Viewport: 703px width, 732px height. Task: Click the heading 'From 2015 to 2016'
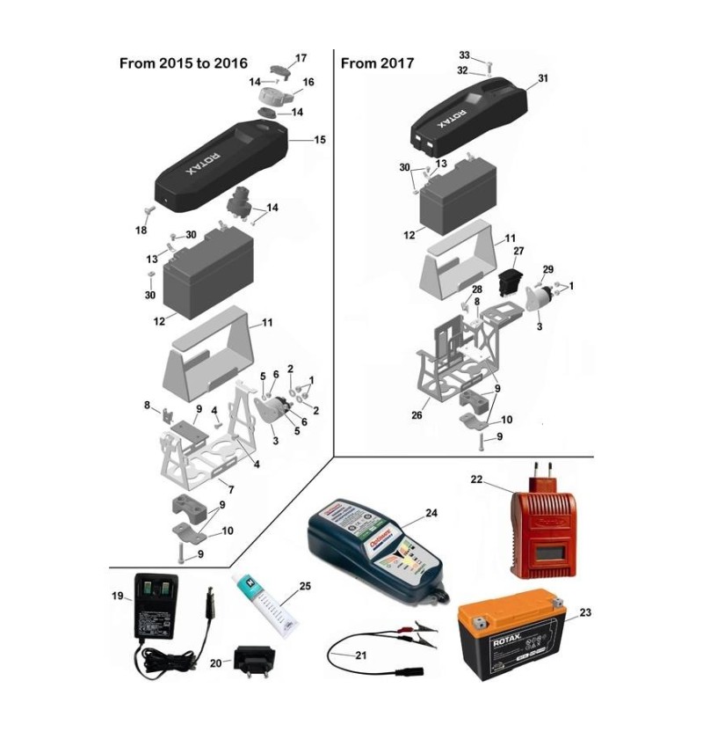pos(183,63)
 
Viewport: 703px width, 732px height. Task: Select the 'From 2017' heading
pos(377,63)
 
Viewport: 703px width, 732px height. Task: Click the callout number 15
pos(319,140)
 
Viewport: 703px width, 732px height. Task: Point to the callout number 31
pos(543,79)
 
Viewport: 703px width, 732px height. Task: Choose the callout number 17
pos(301,58)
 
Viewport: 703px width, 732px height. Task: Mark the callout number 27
pos(518,251)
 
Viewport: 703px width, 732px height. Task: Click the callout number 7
pos(230,488)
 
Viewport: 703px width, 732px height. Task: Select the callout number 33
pos(464,55)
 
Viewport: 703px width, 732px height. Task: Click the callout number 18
pos(141,231)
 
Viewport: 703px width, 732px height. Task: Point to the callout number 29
pos(547,268)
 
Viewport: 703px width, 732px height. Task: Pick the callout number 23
pos(586,612)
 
